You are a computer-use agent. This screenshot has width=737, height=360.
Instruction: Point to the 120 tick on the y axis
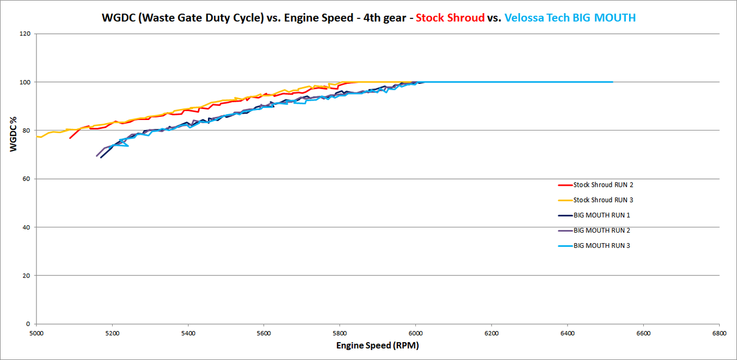(x=25, y=34)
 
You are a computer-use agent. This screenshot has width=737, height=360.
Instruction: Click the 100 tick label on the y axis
(x=25, y=82)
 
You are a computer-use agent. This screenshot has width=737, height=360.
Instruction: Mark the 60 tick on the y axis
(x=26, y=179)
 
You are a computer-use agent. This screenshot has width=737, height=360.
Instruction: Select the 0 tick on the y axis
(x=28, y=324)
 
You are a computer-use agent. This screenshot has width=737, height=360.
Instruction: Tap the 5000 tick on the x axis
(x=36, y=334)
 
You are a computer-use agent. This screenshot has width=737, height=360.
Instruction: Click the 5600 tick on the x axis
(x=264, y=334)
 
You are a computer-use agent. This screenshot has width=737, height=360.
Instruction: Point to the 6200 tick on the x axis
(x=491, y=334)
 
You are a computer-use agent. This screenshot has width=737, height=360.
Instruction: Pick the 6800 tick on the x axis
(x=719, y=334)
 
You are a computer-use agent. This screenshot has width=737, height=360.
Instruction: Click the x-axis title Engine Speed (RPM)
(x=377, y=346)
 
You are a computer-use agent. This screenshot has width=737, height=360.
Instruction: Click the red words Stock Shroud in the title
(x=450, y=18)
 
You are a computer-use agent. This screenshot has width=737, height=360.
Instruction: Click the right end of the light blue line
(x=613, y=82)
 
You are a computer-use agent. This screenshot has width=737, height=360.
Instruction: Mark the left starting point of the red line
(x=70, y=138)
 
